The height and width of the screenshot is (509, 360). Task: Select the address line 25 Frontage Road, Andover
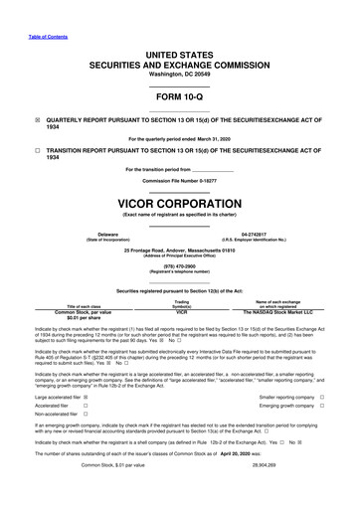pyautogui.click(x=180, y=252)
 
